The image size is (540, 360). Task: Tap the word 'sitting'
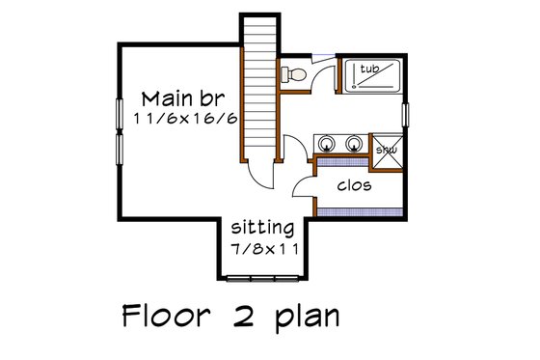[x=262, y=229]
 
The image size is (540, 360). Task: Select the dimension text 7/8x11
[x=262, y=248]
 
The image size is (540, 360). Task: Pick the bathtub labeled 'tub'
[x=372, y=73]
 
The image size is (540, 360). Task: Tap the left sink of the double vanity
[x=331, y=144]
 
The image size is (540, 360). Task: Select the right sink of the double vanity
[x=355, y=144]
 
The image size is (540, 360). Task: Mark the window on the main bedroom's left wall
[x=120, y=131]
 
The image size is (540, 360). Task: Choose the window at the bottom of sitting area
[x=261, y=279]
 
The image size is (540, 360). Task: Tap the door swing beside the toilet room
[x=323, y=75]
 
